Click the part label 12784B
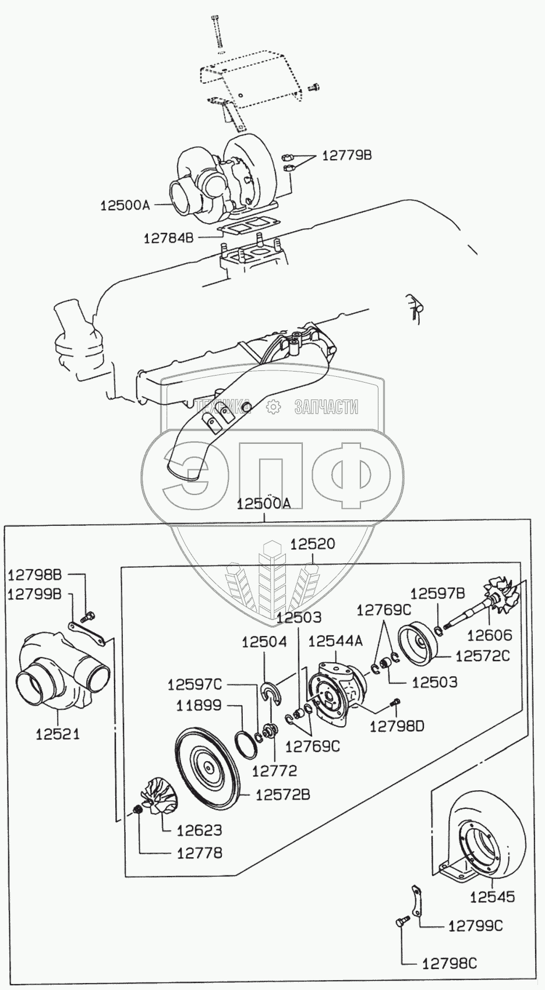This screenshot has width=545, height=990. tap(168, 238)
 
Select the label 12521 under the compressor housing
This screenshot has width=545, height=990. tap(58, 734)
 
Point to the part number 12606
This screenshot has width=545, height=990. tap(490, 635)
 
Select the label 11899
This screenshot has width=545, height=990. tap(199, 705)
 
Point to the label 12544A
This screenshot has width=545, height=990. tap(335, 641)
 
